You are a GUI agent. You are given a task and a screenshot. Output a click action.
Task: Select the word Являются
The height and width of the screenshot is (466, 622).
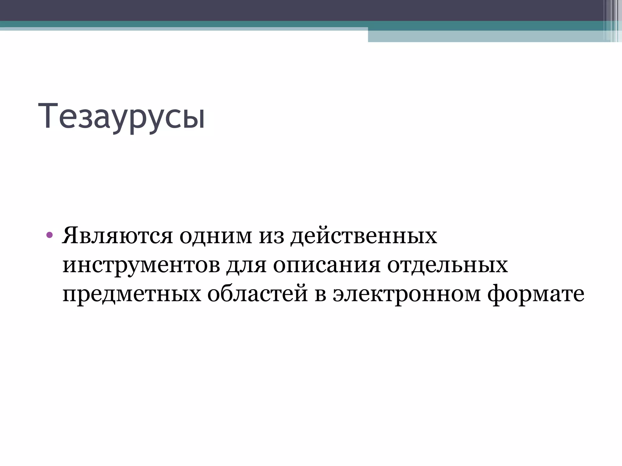click(117, 236)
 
